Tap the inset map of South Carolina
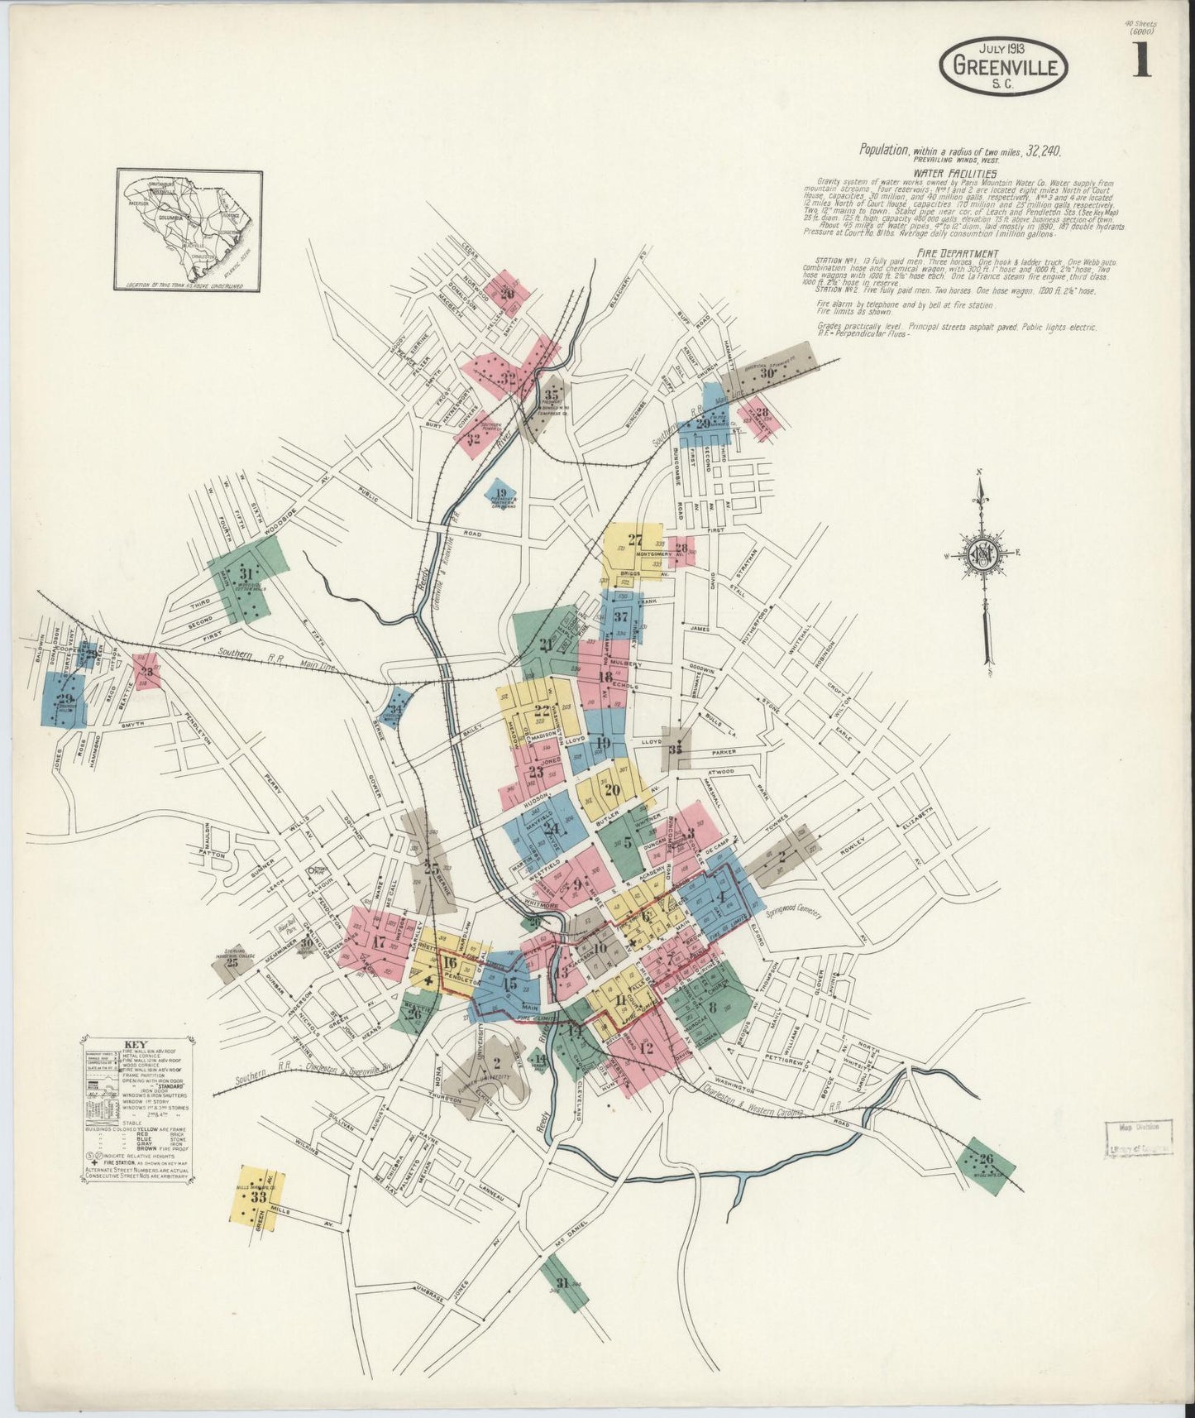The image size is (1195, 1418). point(189,229)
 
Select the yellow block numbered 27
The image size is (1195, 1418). point(634,540)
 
